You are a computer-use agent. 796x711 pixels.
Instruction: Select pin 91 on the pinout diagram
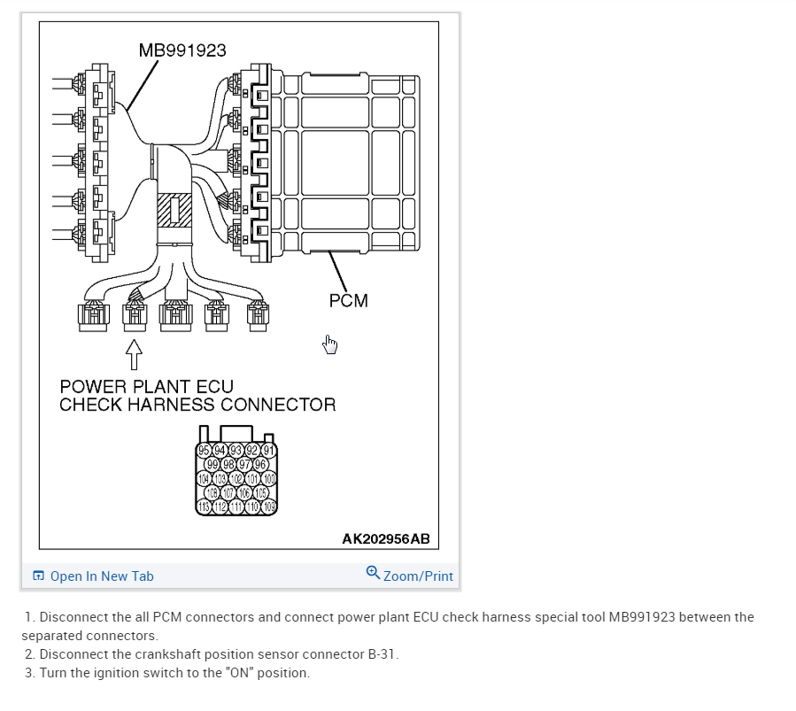(x=269, y=449)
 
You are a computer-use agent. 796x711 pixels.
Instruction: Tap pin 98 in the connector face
(x=228, y=464)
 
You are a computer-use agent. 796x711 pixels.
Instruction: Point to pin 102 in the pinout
(x=236, y=478)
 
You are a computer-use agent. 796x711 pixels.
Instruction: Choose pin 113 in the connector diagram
(x=203, y=507)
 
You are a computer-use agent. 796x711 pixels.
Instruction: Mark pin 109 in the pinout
(x=269, y=507)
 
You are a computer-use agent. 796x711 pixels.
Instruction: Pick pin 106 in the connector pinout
(x=243, y=493)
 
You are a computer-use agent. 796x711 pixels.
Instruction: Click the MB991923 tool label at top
(x=182, y=50)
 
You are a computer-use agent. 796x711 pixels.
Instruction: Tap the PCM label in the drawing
(x=348, y=301)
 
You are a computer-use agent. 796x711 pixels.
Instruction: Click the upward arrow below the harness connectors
(x=134, y=354)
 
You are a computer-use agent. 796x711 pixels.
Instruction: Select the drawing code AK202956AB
(x=386, y=539)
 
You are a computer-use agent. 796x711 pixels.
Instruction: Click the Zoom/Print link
(x=418, y=576)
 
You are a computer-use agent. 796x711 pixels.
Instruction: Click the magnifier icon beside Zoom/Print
(x=373, y=574)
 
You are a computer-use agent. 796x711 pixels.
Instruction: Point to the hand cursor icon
(x=330, y=344)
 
